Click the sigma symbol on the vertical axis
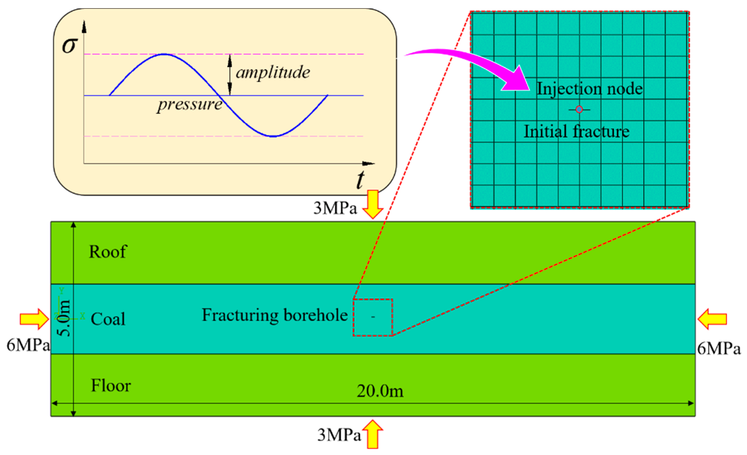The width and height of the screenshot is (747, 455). [70, 45]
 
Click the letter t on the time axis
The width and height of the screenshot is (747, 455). [360, 180]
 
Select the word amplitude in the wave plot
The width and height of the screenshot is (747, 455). [273, 72]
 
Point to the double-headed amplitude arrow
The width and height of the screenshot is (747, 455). [230, 75]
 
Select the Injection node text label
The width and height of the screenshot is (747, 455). [589, 89]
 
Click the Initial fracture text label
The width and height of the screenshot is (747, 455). [576, 131]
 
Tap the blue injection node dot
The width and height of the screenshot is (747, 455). [579, 109]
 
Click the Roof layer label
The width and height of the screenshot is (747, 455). [108, 252]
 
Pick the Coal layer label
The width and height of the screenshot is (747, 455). [108, 319]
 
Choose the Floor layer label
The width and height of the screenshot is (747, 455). [111, 386]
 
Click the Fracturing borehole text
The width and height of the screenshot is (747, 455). [275, 315]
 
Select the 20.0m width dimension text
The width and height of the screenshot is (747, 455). [380, 391]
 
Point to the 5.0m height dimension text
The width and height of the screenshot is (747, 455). [64, 318]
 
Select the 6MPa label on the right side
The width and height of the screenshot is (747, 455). [719, 348]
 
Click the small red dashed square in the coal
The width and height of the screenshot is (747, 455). [373, 317]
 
